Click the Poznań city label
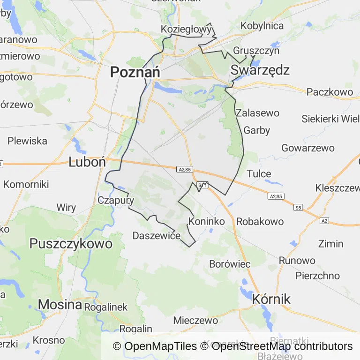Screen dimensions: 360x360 [135, 72]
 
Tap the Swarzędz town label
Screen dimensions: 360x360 [260, 70]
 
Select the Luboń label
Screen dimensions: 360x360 [87, 162]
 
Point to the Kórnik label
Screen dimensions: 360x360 [271, 299]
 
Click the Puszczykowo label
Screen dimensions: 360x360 [71, 243]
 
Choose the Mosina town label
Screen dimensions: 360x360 [60, 304]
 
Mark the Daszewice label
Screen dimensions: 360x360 [157, 235]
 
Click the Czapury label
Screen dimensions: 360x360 [116, 200]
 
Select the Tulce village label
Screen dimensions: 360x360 [259, 173]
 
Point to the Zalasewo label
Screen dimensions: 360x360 [257, 113]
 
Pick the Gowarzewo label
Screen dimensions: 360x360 [308, 148]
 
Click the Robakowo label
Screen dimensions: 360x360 [260, 221]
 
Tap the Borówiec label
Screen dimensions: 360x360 [230, 264]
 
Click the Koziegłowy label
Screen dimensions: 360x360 [186, 29]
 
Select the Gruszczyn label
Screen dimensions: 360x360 [256, 51]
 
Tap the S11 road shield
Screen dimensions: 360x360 [202, 185]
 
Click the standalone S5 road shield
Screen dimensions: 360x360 [299, 207]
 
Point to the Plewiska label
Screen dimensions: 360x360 [27, 141]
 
